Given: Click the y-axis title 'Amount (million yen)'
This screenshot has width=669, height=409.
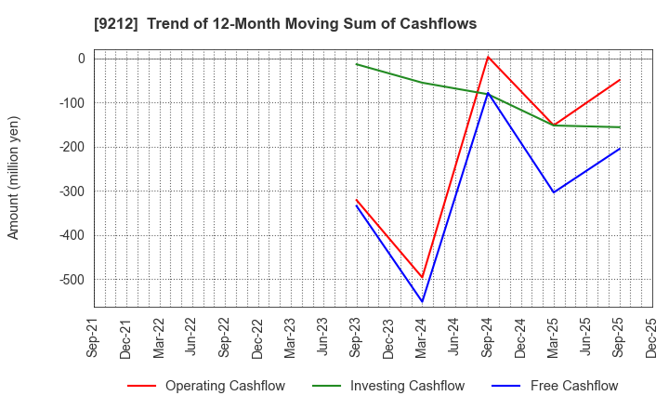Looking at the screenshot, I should tap(14, 178).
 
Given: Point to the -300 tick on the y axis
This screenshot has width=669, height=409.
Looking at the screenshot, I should tap(72, 191).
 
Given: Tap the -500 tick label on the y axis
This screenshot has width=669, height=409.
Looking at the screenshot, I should tap(72, 280).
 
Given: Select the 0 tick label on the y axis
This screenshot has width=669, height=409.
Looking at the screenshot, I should tap(81, 59).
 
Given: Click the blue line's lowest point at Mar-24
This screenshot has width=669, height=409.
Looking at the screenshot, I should tap(422, 301).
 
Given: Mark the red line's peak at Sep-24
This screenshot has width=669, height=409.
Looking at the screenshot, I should tap(488, 57).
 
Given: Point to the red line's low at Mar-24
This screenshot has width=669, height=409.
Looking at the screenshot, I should tap(422, 277).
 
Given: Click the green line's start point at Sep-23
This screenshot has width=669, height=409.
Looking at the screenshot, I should tap(356, 64).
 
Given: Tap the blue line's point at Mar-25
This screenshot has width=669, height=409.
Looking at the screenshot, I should tap(554, 192).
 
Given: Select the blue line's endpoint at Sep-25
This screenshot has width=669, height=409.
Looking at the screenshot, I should tap(620, 149).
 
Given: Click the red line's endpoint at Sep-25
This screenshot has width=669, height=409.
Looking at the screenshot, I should tap(620, 80).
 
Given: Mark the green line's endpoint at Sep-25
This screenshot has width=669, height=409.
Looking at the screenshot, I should tap(620, 127).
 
